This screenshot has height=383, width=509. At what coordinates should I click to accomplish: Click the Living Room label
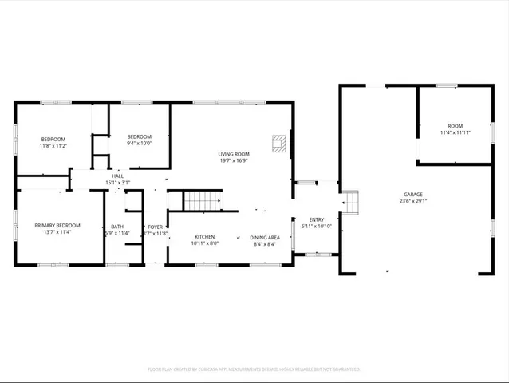[234, 154]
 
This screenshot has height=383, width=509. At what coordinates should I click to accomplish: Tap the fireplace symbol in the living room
[278, 143]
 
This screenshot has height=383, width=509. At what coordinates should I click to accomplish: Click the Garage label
[412, 194]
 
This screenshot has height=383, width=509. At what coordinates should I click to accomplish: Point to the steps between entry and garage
[350, 203]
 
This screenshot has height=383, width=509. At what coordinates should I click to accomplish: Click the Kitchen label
[205, 237]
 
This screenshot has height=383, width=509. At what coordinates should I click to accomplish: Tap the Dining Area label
[264, 237]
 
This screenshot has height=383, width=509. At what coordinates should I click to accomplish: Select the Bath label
[117, 227]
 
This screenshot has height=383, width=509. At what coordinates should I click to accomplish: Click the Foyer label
[155, 227]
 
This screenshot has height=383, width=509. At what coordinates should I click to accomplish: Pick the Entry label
[317, 219]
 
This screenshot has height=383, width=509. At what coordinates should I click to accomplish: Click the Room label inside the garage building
[455, 126]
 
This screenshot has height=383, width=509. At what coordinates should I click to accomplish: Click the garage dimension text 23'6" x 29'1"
[412, 201]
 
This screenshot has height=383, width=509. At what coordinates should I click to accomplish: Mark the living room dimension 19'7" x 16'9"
[234, 160]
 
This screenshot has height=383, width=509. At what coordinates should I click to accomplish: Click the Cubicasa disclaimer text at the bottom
[254, 369]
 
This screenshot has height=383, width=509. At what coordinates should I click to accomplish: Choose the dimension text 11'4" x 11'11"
[455, 132]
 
